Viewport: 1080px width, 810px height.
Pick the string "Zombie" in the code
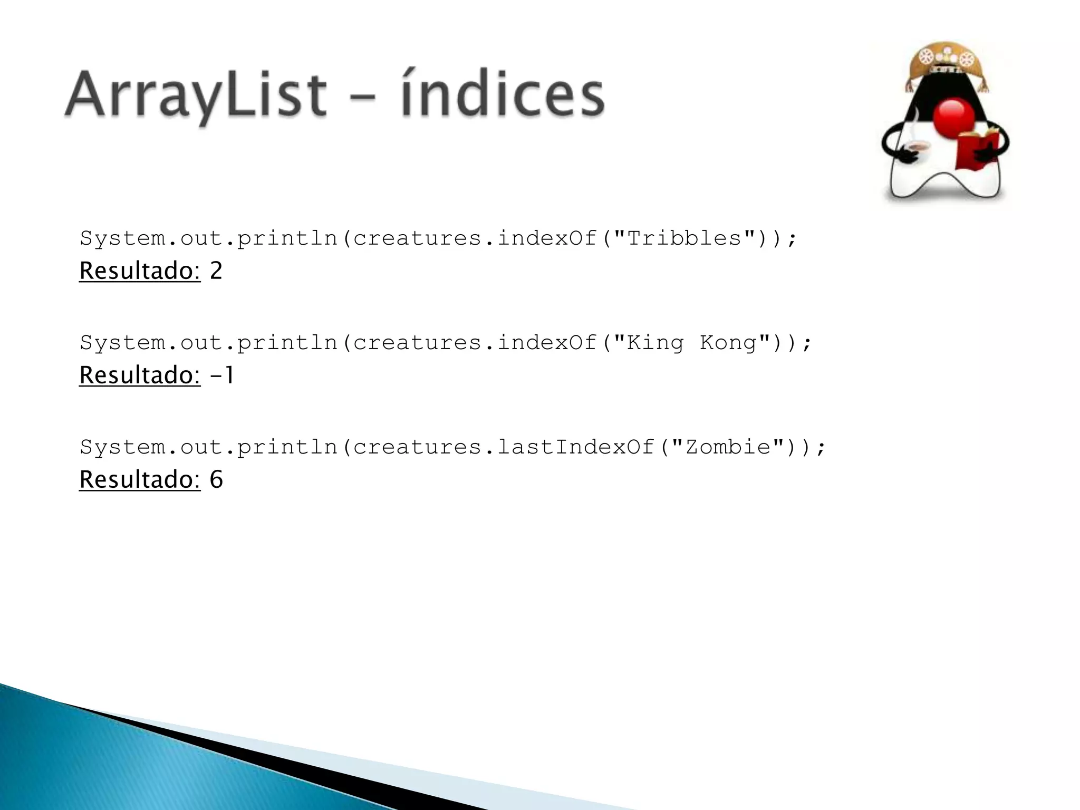pyautogui.click(x=727, y=447)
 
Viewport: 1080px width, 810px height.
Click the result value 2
pyautogui.click(x=216, y=271)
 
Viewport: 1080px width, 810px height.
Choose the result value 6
pyautogui.click(x=216, y=480)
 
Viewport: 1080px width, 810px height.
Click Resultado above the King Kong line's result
pyautogui.click(x=140, y=375)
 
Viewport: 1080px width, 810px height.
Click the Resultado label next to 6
pyautogui.click(x=140, y=480)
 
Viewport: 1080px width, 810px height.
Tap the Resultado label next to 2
pyautogui.click(x=140, y=271)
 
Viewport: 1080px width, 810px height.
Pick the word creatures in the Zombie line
pyautogui.click(x=417, y=447)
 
